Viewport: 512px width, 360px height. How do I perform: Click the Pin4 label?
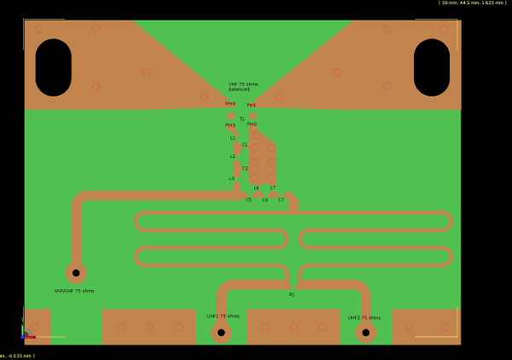pos(230,103)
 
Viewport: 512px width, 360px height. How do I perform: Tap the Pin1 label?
pos(251,105)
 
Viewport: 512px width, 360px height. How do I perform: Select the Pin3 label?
pos(230,125)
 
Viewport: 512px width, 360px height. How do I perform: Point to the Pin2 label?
pos(252,124)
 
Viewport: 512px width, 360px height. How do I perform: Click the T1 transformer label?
pos(241,119)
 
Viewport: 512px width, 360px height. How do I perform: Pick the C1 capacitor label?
pos(244,144)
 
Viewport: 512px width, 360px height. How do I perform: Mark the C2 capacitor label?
pos(244,168)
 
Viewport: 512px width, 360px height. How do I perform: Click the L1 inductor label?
pos(232,137)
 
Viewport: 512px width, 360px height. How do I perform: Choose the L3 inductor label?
pos(231,178)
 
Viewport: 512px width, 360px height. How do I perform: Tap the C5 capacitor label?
pos(248,200)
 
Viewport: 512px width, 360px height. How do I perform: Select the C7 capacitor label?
pos(281,200)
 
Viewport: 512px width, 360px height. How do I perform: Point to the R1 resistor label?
pos(292,294)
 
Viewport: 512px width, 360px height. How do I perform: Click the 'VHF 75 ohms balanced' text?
pos(242,86)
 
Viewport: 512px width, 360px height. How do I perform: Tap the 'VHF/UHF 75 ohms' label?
pos(74,291)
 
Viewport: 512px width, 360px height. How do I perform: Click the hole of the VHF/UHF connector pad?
pos(76,273)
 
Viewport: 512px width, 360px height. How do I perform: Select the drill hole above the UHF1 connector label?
pos(221,333)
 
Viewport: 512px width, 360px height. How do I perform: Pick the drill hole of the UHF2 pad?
pos(366,333)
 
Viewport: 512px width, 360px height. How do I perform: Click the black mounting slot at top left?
pos(53,67)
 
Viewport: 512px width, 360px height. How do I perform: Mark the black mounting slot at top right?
pos(432,67)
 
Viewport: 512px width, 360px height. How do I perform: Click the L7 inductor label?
pos(273,188)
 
